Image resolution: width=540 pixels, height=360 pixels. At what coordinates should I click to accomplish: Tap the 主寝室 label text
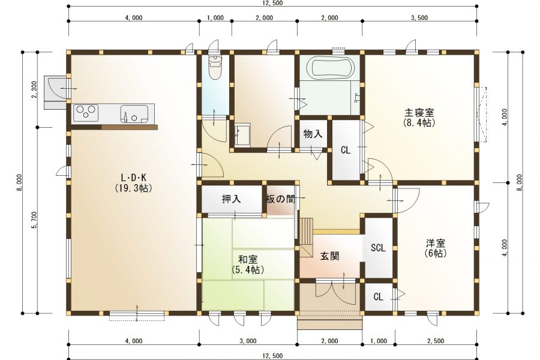[419, 113]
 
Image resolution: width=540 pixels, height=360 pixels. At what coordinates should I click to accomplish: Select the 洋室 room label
[436, 244]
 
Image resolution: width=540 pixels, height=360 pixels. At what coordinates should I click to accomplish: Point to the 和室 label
[248, 260]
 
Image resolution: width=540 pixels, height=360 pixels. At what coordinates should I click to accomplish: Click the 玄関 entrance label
[329, 256]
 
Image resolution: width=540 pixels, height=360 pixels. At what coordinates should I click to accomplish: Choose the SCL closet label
[378, 248]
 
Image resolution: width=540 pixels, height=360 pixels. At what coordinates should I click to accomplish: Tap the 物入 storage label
[313, 133]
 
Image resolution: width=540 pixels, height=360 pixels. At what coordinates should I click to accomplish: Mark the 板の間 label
[281, 199]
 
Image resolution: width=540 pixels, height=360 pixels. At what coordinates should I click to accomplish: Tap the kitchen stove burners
[86, 112]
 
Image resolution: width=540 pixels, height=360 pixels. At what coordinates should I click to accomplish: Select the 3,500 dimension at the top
[419, 18]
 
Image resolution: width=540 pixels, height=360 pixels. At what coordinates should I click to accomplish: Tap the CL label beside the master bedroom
[346, 150]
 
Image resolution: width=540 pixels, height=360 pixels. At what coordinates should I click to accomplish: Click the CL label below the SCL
[378, 296]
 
